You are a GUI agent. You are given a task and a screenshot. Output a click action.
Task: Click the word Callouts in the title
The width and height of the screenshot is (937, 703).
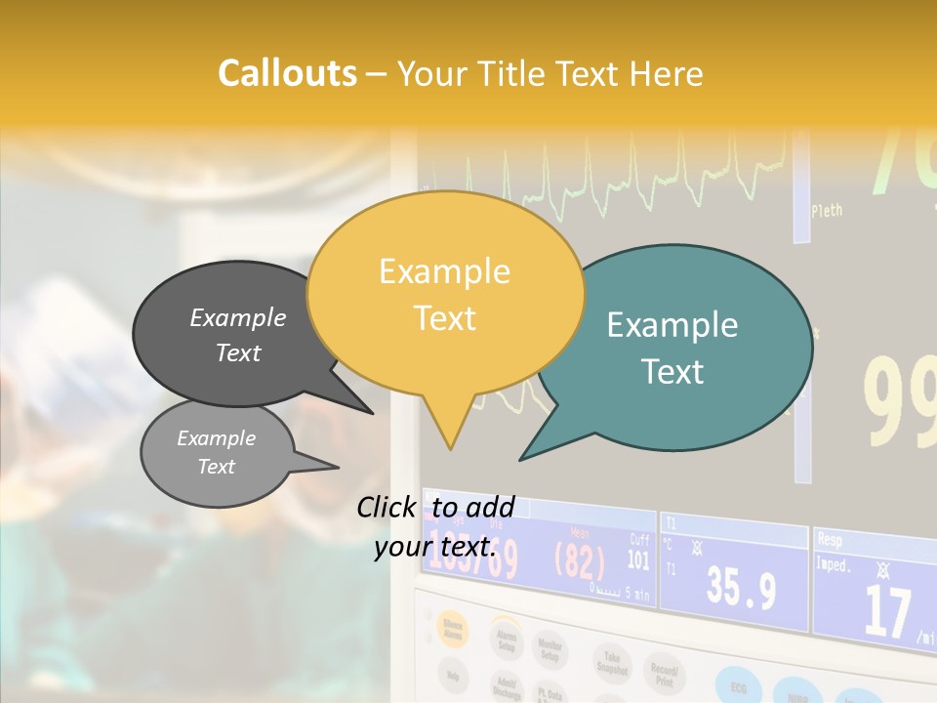[x=287, y=74]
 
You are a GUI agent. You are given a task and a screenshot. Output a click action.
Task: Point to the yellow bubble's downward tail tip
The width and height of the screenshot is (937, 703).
[x=450, y=448]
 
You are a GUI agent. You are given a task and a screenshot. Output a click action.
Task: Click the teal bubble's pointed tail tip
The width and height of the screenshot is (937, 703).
[x=521, y=459]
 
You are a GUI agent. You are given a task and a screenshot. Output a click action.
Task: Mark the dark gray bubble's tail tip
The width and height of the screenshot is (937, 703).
[x=371, y=413]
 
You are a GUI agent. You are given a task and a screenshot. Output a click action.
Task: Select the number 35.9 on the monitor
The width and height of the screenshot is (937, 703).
[x=741, y=588]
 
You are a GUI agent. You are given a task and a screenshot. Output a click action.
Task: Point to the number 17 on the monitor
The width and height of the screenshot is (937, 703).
[x=887, y=611]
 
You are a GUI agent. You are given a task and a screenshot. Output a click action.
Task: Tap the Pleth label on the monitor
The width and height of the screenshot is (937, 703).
[x=826, y=210]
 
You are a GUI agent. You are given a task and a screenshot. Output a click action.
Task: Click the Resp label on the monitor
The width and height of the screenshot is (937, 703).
[x=830, y=538]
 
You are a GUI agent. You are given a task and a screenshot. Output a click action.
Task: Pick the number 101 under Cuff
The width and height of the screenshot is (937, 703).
[x=637, y=560]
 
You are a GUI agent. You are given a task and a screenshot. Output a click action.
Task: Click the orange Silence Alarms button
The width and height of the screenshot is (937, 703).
[x=453, y=629]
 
